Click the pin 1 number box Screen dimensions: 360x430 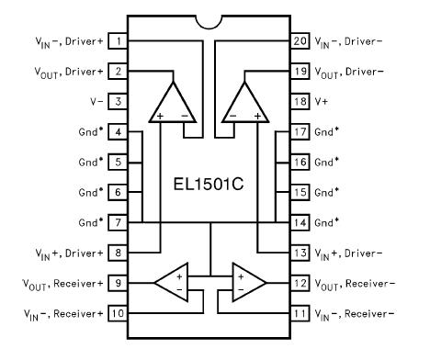tap(118, 40)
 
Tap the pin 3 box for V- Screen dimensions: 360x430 tap(118, 101)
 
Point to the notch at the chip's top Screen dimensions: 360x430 tap(213, 20)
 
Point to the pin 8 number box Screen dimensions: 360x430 tap(118, 253)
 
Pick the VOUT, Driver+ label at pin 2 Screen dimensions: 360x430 tap(65, 71)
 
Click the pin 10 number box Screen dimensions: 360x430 tap(118, 313)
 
